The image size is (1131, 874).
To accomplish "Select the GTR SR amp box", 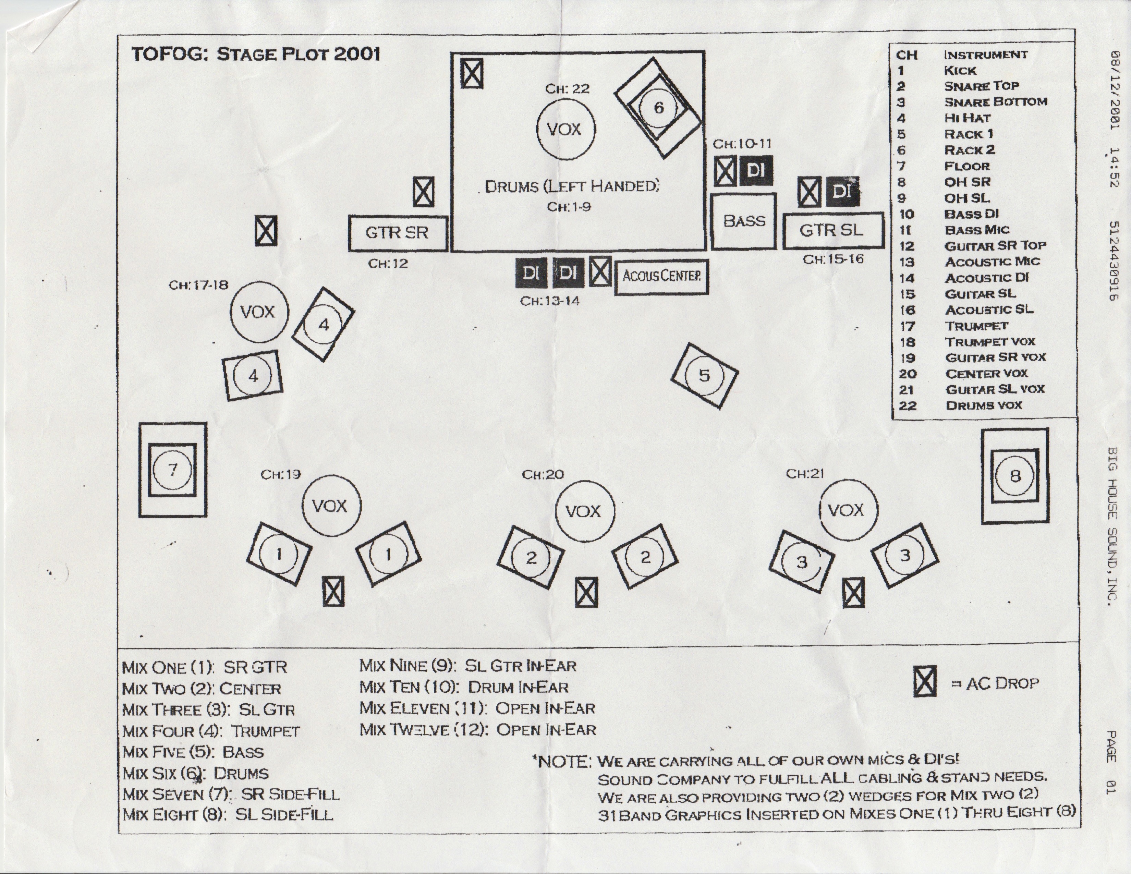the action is tap(398, 233).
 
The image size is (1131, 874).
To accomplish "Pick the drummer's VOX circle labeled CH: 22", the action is tap(565, 129).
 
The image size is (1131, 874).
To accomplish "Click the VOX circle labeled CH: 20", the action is tap(585, 511).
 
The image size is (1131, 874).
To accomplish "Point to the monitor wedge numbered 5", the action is tap(704, 375).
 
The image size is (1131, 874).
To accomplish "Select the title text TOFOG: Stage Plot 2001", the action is tap(256, 54).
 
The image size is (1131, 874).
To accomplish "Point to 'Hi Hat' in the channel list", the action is tap(967, 118).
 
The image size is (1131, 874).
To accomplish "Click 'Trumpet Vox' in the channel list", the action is tap(990, 342).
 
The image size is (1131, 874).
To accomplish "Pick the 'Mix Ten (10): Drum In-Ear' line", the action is tap(464, 687).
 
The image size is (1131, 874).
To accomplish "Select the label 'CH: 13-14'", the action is tap(550, 301).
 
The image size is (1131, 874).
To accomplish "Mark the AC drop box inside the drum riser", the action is tap(472, 74).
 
